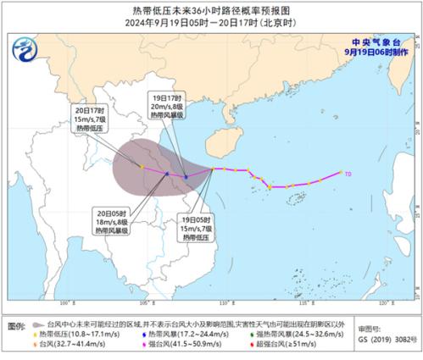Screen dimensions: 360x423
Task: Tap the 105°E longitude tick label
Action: (x=145, y=301)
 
